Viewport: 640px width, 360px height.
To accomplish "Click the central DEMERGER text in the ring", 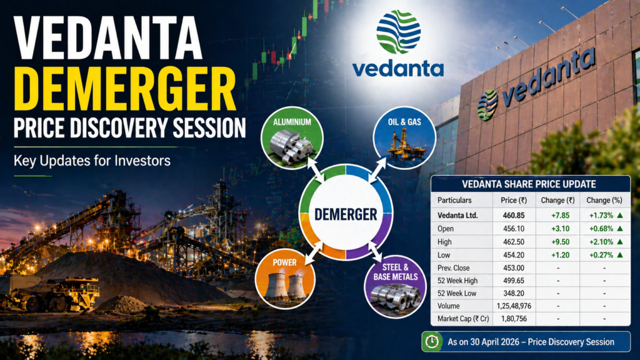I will click(x=346, y=214).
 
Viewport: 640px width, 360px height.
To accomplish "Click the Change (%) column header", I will click(x=603, y=200).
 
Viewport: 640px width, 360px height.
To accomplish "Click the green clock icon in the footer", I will click(x=431, y=342).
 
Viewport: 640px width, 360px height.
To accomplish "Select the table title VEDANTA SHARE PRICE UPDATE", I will click(x=528, y=184).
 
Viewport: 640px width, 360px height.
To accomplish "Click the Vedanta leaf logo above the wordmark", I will click(x=398, y=31).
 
